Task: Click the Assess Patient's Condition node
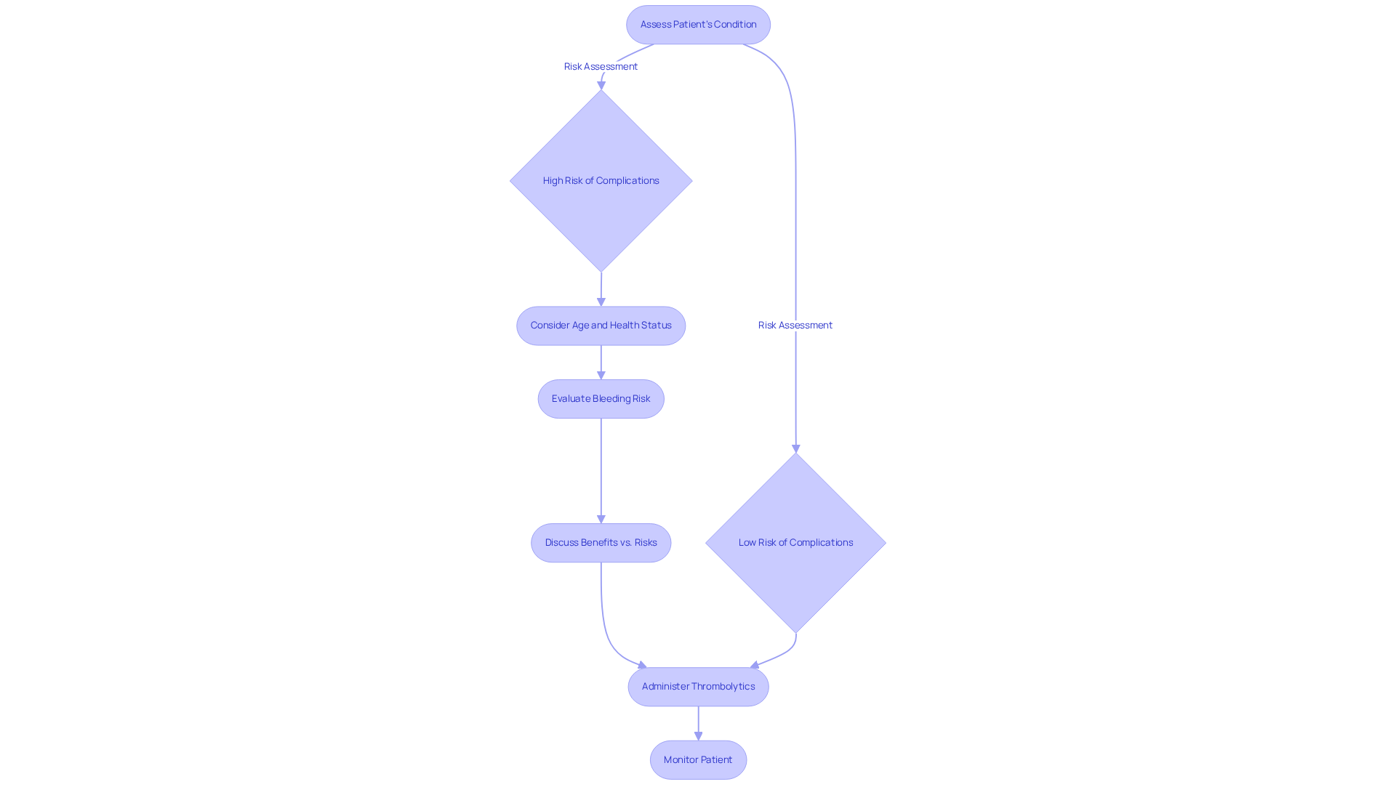(698, 25)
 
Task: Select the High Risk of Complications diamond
(601, 181)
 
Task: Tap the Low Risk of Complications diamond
(795, 543)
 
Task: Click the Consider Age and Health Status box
(601, 326)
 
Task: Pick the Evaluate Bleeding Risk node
(601, 399)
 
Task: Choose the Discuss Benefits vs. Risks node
(601, 543)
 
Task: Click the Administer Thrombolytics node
(698, 687)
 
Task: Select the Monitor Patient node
(698, 760)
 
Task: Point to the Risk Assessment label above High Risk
(601, 67)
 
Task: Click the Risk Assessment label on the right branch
(795, 326)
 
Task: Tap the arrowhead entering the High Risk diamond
(601, 85)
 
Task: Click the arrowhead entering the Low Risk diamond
(796, 448)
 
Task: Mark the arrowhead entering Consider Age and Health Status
(601, 302)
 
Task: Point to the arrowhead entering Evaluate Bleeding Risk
(601, 375)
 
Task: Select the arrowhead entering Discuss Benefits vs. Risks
(601, 519)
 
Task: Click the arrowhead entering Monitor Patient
(698, 736)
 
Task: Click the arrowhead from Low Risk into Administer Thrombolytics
(755, 665)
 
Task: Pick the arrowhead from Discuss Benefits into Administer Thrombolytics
(642, 665)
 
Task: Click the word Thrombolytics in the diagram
(723, 687)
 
